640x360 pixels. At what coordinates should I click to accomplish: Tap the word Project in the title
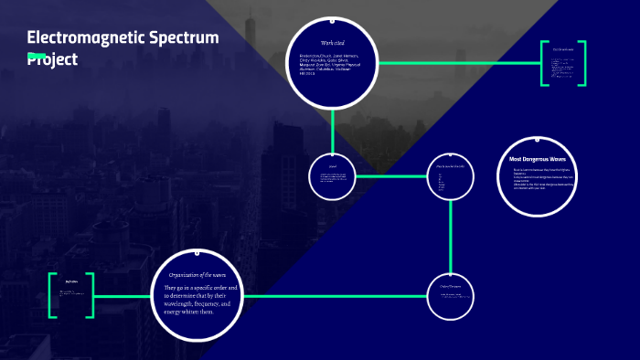coord(53,58)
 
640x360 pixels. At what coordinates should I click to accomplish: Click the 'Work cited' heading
coord(333,43)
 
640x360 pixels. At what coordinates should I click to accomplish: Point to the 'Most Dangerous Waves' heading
coord(538,160)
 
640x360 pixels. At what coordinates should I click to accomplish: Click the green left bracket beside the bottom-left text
coord(53,294)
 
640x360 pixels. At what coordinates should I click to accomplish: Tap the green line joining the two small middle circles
coord(391,175)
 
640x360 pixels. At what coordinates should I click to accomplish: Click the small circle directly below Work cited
coord(333,175)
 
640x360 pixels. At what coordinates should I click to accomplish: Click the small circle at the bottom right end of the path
coord(452,294)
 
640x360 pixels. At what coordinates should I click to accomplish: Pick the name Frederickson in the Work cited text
coord(315,56)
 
